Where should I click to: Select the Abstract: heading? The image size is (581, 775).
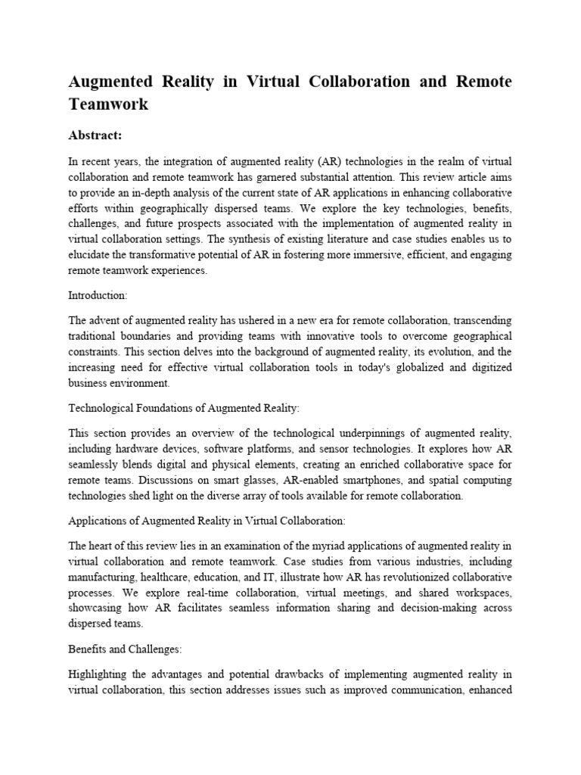pos(95,135)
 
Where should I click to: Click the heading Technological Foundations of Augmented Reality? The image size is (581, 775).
pos(184,408)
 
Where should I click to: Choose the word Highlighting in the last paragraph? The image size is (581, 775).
pos(101,674)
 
